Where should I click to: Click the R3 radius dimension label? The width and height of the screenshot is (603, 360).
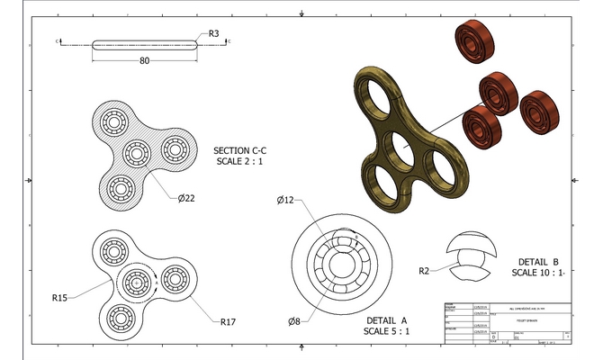coord(213,33)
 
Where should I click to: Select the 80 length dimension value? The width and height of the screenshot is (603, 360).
coord(144,61)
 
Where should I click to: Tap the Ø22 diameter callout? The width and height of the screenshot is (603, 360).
coord(187,198)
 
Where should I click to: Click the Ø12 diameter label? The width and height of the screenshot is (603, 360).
coord(287,199)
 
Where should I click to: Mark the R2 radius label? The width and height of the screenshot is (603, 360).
coord(428,270)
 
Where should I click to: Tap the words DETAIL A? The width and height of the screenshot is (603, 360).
coord(387,319)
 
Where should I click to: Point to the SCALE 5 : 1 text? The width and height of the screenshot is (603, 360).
coord(387,331)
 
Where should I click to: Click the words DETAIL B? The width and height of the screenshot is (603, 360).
coord(537,259)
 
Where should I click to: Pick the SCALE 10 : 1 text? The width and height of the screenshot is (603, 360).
coord(538,272)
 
